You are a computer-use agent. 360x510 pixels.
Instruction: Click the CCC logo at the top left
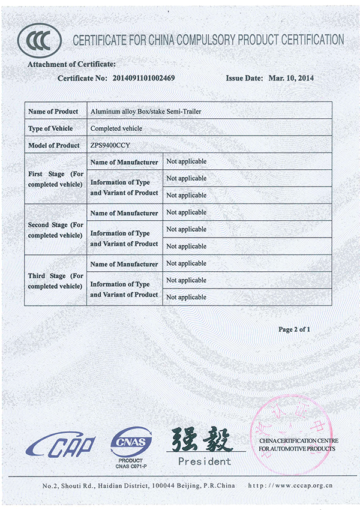[x=40, y=40]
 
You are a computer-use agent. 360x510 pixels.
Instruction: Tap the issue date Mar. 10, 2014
[x=291, y=78]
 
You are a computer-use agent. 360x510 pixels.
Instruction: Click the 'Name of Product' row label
[x=53, y=112]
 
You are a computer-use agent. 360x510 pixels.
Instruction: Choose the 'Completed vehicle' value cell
[x=116, y=128]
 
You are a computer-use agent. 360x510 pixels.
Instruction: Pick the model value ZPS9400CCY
[x=110, y=145]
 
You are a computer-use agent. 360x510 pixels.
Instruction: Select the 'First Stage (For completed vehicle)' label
[x=55, y=179]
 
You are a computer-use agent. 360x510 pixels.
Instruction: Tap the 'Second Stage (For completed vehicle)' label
[x=55, y=230]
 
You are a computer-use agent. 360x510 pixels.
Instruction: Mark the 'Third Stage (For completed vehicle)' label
[x=55, y=281]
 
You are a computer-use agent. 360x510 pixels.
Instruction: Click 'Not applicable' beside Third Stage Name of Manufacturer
[x=186, y=263]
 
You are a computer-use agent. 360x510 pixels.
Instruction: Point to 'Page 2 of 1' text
[x=294, y=329]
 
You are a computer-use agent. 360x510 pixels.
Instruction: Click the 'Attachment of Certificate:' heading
[x=71, y=64]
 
